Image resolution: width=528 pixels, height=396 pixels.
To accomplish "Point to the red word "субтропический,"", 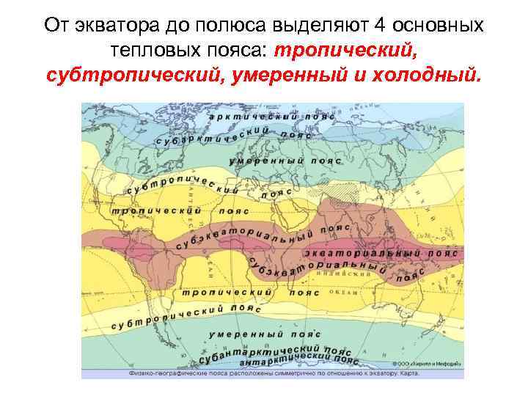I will tap(120, 75).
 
